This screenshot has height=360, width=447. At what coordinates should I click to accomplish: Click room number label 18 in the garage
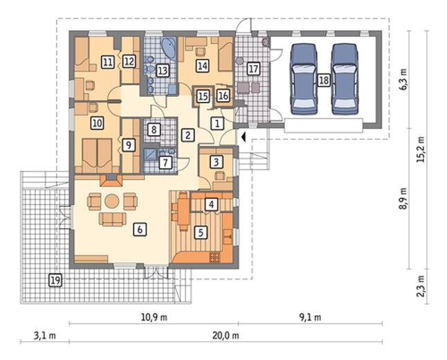coord(324,80)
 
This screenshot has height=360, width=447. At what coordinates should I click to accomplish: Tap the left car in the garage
coord(304,79)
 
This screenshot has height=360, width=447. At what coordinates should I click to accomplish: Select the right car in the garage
coord(345,79)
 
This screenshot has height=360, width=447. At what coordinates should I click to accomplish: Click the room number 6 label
coord(140,229)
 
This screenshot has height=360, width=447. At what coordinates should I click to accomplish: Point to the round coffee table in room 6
coord(111,201)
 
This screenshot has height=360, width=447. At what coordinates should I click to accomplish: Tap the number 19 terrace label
coord(55,280)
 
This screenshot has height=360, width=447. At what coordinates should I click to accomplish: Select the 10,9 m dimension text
coord(154,317)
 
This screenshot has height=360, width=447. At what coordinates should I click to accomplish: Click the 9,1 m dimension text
coord(310,317)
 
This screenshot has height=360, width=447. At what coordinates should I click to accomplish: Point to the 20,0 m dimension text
coord(226,336)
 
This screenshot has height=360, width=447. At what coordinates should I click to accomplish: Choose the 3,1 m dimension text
coord(45,336)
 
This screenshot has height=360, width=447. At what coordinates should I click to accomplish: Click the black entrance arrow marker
coord(243,137)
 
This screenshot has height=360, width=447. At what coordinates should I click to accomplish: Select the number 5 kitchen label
coord(201,233)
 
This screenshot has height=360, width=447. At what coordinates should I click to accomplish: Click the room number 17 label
coord(253,69)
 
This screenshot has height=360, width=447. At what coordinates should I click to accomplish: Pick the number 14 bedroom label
coord(202,66)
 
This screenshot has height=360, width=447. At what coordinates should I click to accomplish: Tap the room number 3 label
coord(216,162)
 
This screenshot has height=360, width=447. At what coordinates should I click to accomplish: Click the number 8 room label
coord(154,130)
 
